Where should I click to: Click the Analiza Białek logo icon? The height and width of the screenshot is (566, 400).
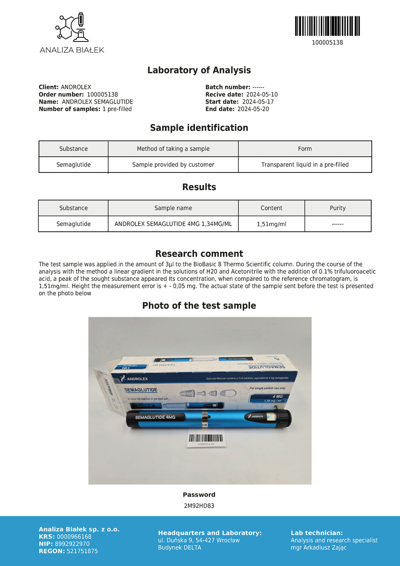coord(72,27)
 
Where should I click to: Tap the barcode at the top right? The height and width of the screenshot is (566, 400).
coord(327,26)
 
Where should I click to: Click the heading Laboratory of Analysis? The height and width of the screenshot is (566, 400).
coord(199,70)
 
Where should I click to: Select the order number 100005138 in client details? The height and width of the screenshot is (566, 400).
coord(102,95)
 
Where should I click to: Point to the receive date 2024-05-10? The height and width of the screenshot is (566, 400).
coord(262,95)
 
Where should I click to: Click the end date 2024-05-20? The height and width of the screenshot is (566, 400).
coord(253,109)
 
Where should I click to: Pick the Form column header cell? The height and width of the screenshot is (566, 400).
coord(305,149)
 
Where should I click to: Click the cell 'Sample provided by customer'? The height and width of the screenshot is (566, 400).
coord(173,164)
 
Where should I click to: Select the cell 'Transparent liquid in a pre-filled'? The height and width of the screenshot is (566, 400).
coord(305,164)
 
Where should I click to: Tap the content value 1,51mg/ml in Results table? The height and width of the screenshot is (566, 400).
coord(271,224)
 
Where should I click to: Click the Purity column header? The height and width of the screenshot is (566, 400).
coord(338,208)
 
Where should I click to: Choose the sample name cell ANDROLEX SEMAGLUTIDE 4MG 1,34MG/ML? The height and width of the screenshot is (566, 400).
coord(173,224)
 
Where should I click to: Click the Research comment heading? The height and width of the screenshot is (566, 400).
coord(199,254)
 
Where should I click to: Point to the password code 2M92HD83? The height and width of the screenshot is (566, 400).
coord(199,506)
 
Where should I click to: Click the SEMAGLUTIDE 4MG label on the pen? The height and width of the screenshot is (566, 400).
coord(155,417)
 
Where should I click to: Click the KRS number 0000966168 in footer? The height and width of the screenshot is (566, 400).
coord(74,537)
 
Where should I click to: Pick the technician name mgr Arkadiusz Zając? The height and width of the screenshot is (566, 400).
coord(319,547)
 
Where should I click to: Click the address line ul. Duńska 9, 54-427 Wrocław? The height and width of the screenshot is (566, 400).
coord(199,540)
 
